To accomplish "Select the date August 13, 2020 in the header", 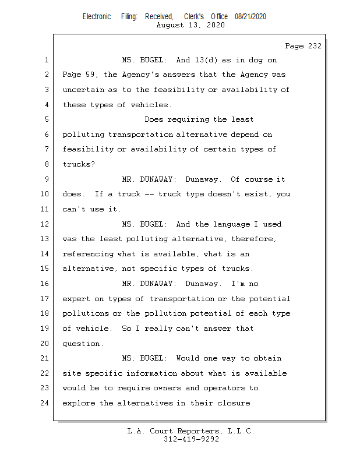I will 191,25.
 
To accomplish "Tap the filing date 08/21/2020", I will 250,17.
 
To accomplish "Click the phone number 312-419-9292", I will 191,440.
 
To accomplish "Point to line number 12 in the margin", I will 45,224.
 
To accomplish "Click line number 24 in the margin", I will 45,403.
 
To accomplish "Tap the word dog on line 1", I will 255,60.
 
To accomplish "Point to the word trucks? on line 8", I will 79,164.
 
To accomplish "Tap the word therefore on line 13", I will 255,239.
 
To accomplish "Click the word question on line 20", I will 83,344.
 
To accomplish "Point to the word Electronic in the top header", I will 97,17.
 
